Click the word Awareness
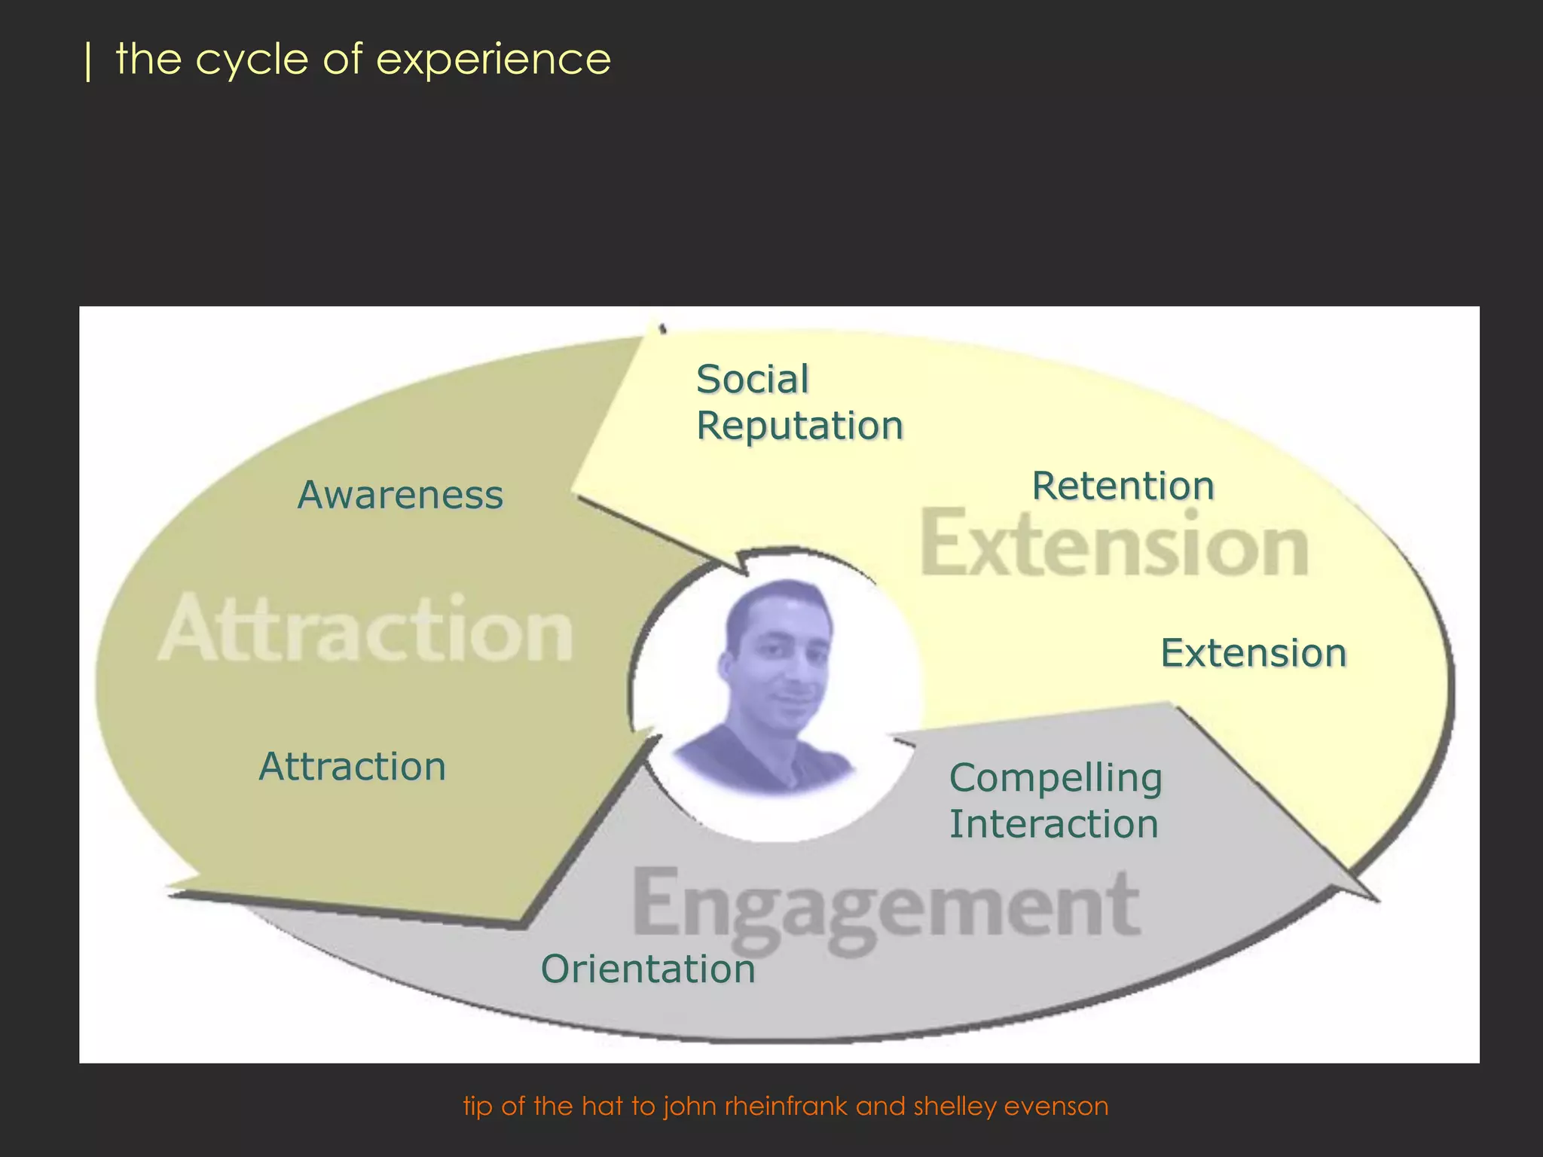coord(400,496)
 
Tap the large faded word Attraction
coord(366,630)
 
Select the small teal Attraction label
coord(353,767)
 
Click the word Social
coord(752,379)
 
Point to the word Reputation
coord(799,426)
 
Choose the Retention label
coord(1123,486)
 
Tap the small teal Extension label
coord(1253,653)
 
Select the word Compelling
coord(1056,778)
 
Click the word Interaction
coord(1053,824)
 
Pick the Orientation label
coord(648,969)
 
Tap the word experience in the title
coord(493,60)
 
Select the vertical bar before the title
coord(89,62)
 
